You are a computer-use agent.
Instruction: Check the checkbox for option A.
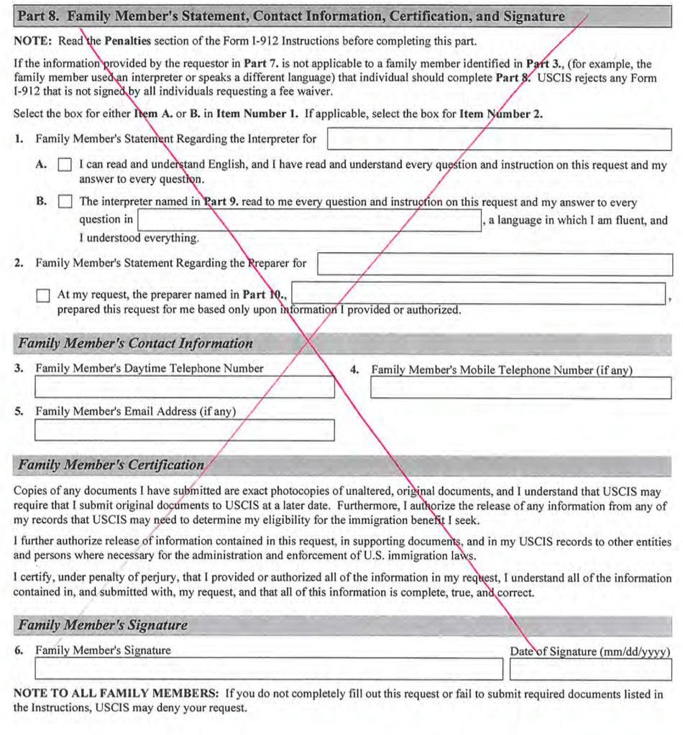coord(65,165)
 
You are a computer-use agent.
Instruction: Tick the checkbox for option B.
coord(65,203)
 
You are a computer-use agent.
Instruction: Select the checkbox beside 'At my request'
coord(43,295)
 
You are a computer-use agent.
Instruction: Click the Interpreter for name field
coord(499,139)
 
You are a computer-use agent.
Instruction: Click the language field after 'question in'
coord(309,221)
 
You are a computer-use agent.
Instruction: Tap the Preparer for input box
coord(495,264)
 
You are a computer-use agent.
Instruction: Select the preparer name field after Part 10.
coord(478,294)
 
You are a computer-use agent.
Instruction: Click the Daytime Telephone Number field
coord(184,387)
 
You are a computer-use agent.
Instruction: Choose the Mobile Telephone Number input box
coord(521,388)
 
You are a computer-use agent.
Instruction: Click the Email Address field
coord(184,430)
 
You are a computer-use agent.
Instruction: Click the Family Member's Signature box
coord(269,669)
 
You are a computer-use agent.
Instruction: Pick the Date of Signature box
coord(590,669)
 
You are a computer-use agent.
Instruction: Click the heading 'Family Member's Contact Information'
coord(135,343)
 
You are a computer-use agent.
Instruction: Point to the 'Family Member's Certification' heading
coord(111,465)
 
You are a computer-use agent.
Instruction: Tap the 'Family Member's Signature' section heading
coord(103,625)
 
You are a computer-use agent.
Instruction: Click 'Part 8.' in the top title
coord(38,17)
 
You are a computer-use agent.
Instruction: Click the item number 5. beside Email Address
coord(19,412)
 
